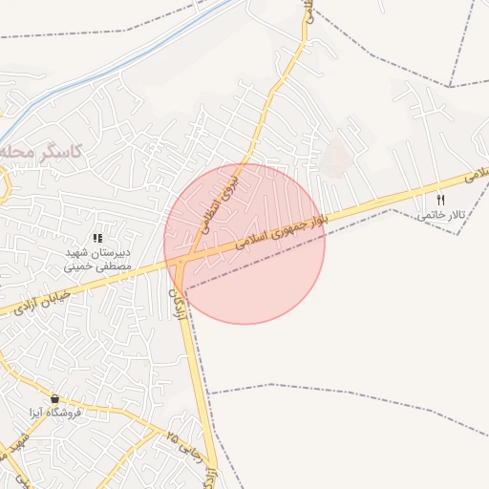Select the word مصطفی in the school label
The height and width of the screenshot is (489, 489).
(x=118, y=268)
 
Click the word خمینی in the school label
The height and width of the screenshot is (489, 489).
(x=81, y=268)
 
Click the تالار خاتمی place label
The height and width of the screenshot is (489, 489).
(x=440, y=215)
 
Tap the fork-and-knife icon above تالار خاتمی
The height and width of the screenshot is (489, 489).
(x=440, y=200)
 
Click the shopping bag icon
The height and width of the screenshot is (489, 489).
(x=54, y=398)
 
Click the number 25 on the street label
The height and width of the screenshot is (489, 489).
(x=172, y=436)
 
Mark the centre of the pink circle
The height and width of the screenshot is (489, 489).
(x=244, y=243)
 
